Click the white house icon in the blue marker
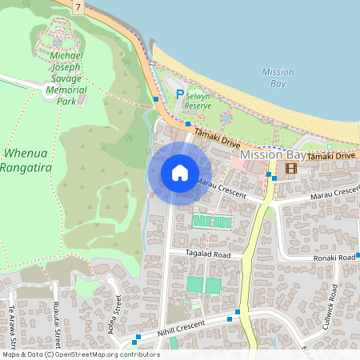180,172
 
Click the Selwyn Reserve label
198,99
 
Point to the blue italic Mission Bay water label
278,78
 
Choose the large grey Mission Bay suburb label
272,154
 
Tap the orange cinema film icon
289,168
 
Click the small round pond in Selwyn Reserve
226,118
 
